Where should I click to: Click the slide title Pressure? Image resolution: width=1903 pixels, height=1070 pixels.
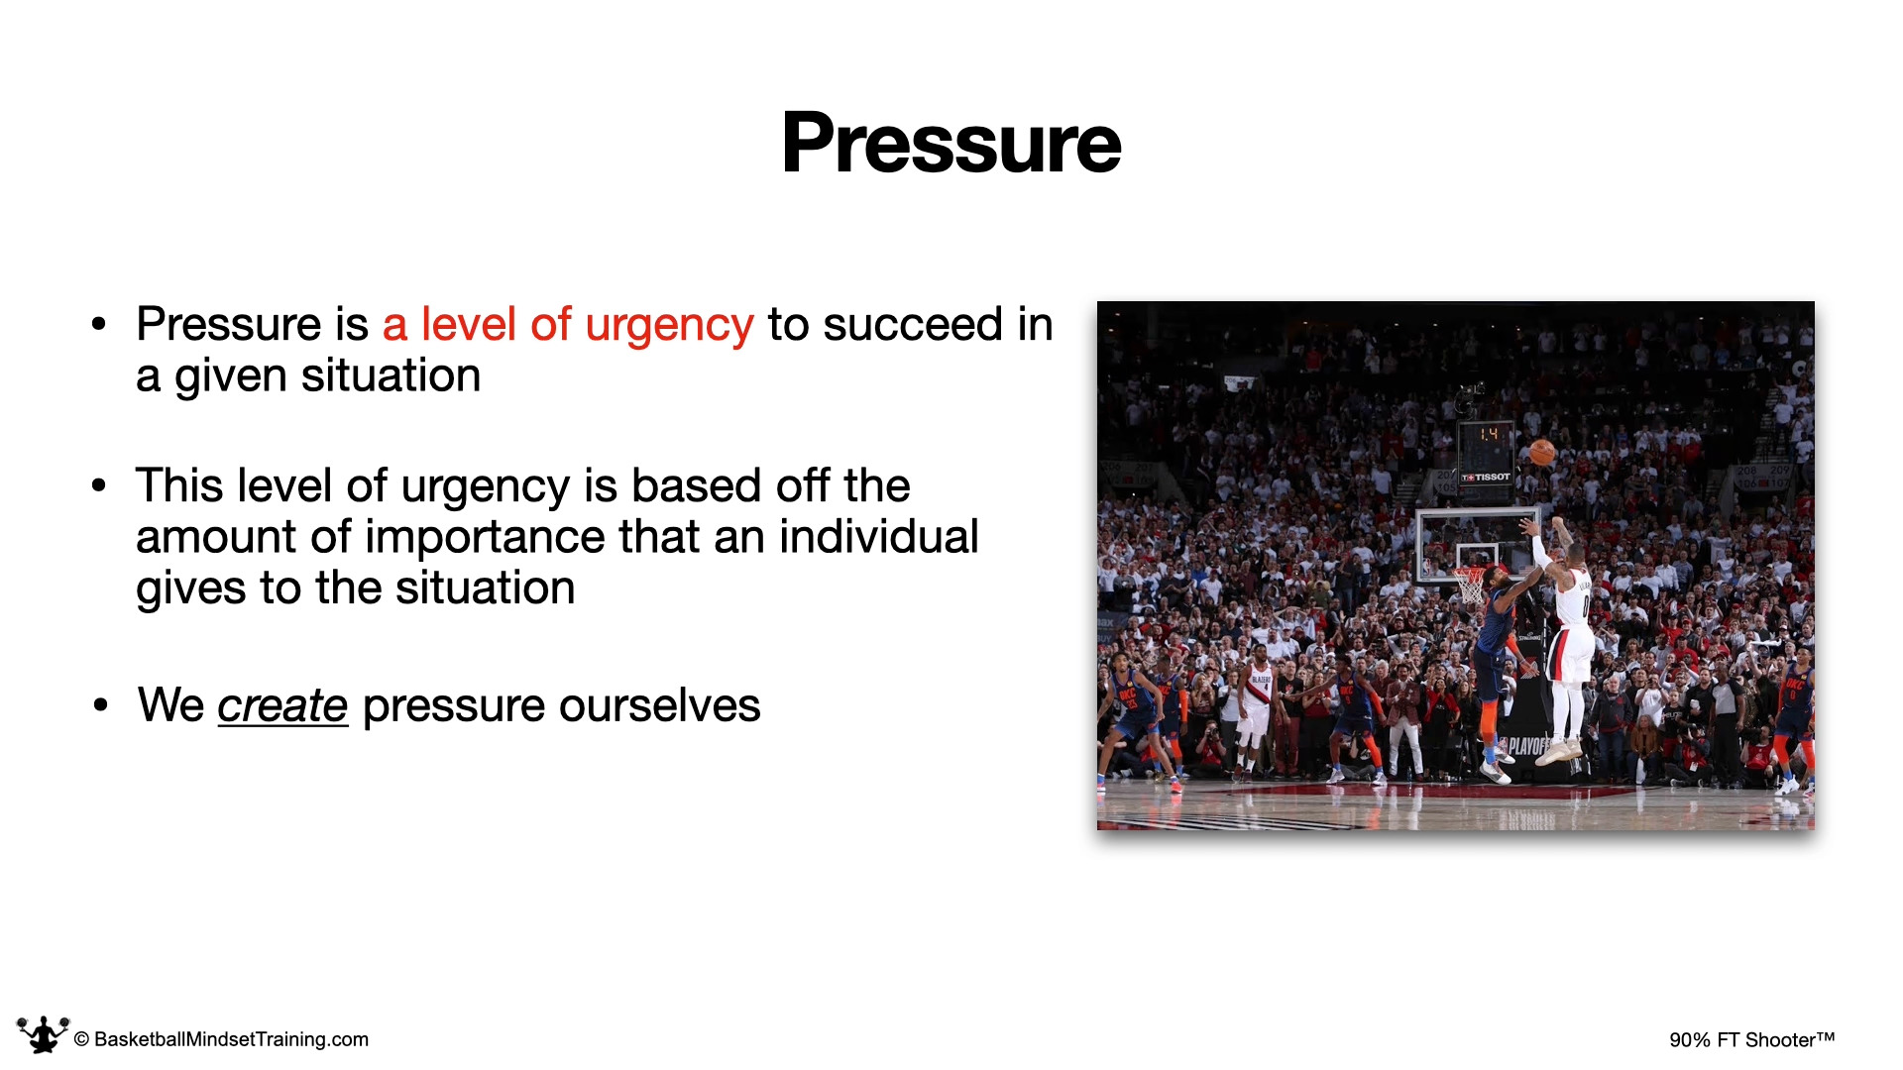pos(951,144)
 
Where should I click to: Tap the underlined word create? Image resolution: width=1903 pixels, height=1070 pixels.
pos(282,705)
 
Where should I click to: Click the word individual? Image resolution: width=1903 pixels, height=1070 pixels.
pos(879,536)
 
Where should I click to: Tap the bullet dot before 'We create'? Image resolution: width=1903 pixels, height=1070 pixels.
pos(100,705)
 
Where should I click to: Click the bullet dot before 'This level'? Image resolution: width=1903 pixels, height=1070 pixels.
pos(98,485)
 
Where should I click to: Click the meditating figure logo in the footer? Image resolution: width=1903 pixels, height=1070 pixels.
pos(43,1034)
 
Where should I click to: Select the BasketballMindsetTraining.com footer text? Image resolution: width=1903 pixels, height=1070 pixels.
pos(231,1039)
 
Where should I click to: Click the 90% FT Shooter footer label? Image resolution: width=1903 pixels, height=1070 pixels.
pos(1751,1039)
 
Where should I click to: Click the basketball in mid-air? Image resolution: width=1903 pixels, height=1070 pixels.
pos(1542,453)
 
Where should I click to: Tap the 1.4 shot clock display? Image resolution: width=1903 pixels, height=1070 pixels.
pos(1488,434)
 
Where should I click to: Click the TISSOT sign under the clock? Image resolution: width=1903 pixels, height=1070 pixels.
pos(1486,478)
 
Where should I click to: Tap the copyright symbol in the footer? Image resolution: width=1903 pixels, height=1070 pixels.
pos(82,1039)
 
